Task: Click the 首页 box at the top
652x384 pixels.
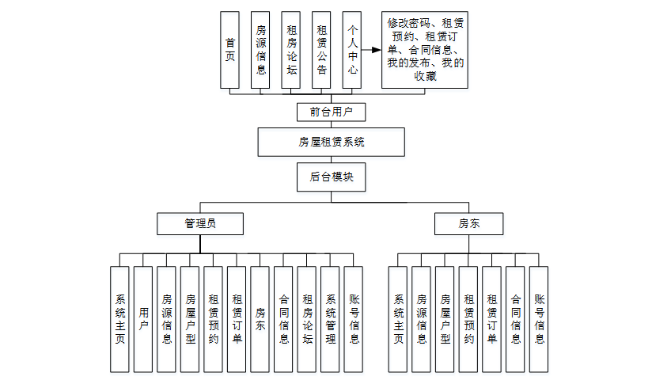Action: (229, 50)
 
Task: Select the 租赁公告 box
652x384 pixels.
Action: (321, 50)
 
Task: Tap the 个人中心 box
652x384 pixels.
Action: (352, 50)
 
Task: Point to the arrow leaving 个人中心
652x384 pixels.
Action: (371, 50)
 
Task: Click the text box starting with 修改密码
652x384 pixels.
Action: (425, 50)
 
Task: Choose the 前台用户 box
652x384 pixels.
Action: (332, 112)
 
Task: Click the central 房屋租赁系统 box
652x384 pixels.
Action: (332, 143)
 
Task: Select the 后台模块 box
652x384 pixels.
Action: (332, 177)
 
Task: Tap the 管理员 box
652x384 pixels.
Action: (199, 224)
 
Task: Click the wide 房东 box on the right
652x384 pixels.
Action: (468, 224)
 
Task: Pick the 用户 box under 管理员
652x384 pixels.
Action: (143, 319)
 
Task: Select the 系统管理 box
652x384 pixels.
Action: (331, 319)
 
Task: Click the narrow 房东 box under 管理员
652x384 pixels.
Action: (260, 319)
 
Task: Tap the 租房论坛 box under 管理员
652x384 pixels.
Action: (307, 319)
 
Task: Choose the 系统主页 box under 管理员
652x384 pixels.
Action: (119, 319)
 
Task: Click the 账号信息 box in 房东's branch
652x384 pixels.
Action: (539, 319)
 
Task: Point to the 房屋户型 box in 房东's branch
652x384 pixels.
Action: (445, 319)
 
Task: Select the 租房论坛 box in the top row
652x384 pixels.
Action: (291, 50)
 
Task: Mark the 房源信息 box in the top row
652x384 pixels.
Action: (260, 50)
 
